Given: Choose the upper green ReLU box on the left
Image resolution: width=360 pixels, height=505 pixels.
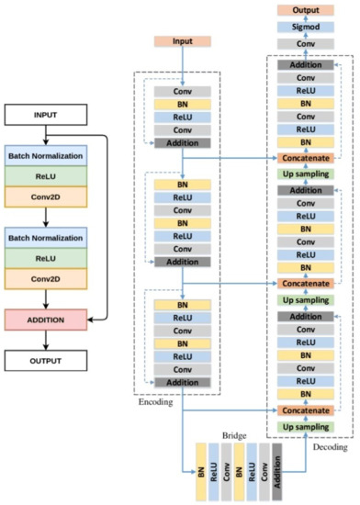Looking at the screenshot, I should coord(46,174).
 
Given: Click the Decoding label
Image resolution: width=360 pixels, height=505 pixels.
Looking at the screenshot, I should coord(331,448).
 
